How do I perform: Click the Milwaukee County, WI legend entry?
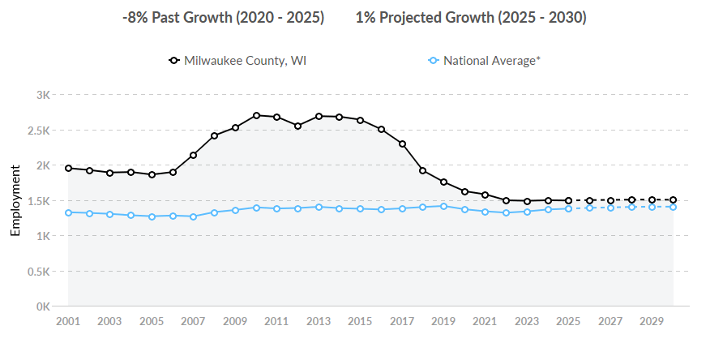[x=237, y=61]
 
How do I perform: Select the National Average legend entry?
[x=484, y=61]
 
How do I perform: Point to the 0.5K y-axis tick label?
[x=40, y=272]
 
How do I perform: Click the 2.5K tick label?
[x=40, y=131]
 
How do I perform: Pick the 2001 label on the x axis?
[x=68, y=321]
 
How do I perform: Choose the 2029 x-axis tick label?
[x=652, y=321]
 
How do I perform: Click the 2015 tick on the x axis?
[x=360, y=321]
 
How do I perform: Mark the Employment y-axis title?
[x=15, y=201]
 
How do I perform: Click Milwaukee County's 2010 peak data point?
[x=256, y=115]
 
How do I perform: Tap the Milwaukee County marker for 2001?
[x=68, y=168]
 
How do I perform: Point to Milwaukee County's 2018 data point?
[x=423, y=170]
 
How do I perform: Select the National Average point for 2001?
[x=68, y=212]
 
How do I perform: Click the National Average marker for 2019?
[x=443, y=206]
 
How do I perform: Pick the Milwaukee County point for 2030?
[x=673, y=199]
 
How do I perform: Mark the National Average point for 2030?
[x=673, y=207]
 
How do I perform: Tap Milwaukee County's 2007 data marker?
[x=193, y=155]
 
